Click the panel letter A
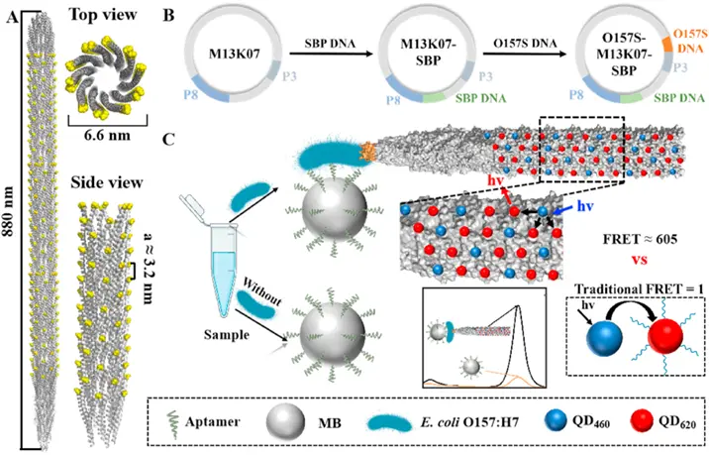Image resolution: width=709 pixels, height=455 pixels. tap(12, 15)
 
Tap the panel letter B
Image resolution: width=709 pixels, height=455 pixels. tap(168, 15)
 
